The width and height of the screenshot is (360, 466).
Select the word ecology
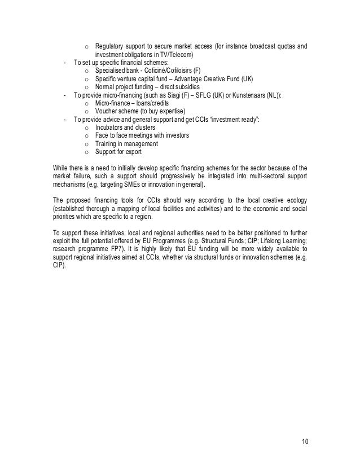[x=298, y=199]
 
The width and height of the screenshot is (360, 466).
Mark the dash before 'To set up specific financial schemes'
[x=66, y=63]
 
